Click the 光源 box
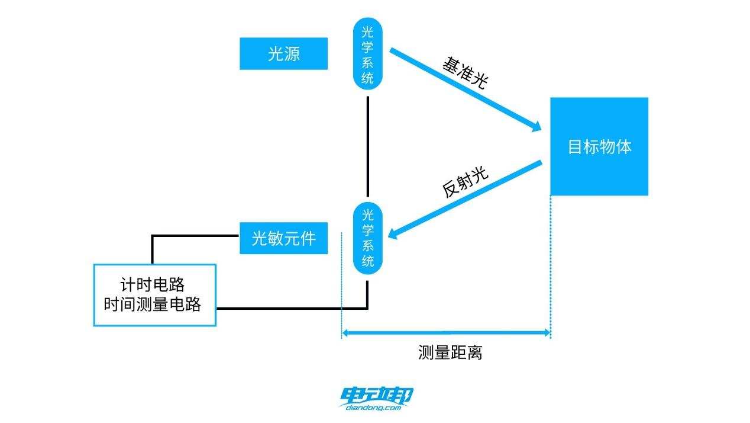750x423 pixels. tap(283, 54)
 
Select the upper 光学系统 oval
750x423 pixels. tap(368, 53)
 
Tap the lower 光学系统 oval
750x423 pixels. tap(368, 238)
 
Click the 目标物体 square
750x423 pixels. tap(599, 146)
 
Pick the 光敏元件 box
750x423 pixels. tap(283, 238)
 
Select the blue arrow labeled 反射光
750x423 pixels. tap(467, 198)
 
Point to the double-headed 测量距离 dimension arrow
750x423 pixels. tap(446, 333)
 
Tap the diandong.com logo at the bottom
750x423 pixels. tap(377, 399)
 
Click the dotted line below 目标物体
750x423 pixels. tap(551, 267)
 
